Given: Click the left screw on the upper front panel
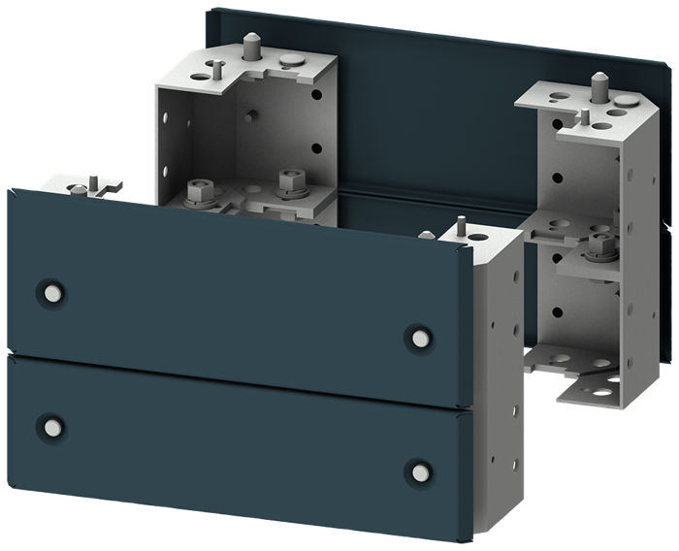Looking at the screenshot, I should click(48, 292).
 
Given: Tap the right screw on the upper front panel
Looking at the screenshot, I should click(418, 336).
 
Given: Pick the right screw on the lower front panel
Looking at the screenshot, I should click(418, 470).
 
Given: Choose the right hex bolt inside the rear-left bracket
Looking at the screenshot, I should click(287, 180).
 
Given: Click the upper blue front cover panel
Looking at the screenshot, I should click(233, 291).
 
